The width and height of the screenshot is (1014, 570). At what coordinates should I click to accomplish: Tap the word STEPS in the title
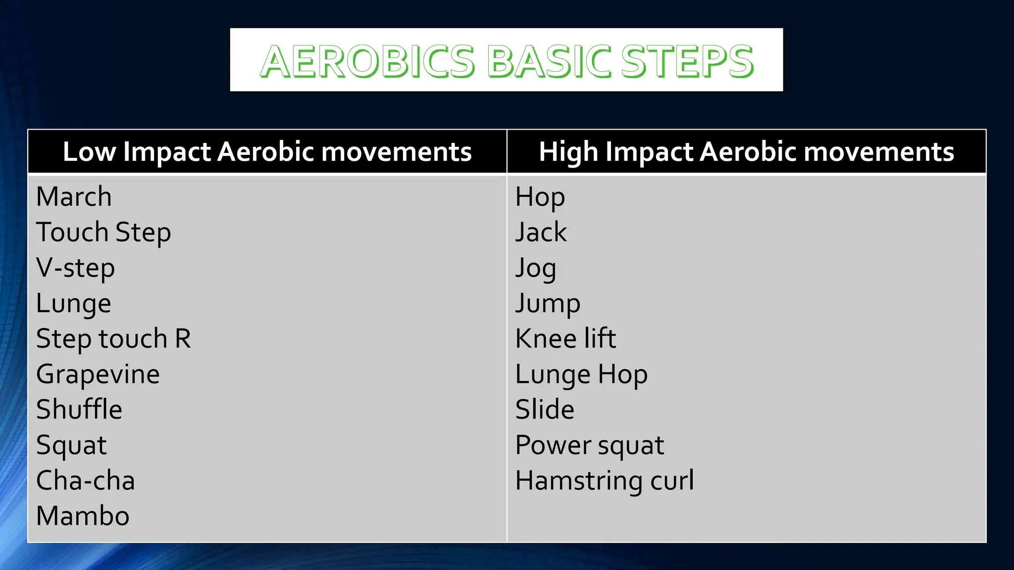pyautogui.click(x=687, y=61)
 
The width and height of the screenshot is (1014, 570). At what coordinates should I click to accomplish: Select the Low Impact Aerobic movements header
pyautogui.click(x=267, y=151)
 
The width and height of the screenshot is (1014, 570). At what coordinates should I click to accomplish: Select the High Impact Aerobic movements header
pyautogui.click(x=746, y=151)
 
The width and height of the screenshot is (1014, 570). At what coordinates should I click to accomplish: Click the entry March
pyautogui.click(x=74, y=196)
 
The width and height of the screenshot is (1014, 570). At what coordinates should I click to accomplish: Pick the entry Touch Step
pyautogui.click(x=103, y=232)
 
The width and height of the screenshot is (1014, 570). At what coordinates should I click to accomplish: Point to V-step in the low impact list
pyautogui.click(x=75, y=268)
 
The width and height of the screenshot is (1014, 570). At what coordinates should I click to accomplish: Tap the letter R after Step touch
pyautogui.click(x=183, y=339)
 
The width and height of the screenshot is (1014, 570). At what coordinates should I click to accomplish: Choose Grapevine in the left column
pyautogui.click(x=98, y=375)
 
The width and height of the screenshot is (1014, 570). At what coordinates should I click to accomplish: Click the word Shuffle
pyautogui.click(x=79, y=410)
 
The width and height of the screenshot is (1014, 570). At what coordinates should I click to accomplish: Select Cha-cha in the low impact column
pyautogui.click(x=85, y=480)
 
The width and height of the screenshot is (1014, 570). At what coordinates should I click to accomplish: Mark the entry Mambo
pyautogui.click(x=83, y=516)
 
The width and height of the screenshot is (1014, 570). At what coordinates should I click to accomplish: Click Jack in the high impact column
pyautogui.click(x=541, y=232)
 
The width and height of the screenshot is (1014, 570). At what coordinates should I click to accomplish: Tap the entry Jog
pyautogui.click(x=535, y=268)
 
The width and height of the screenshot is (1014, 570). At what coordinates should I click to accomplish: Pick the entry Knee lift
pyautogui.click(x=565, y=339)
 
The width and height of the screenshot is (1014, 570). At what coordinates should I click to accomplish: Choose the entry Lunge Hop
pyautogui.click(x=581, y=375)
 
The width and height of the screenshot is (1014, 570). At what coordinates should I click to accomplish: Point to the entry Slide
pyautogui.click(x=545, y=410)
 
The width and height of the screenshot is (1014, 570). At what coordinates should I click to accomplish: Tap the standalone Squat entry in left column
pyautogui.click(x=71, y=445)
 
